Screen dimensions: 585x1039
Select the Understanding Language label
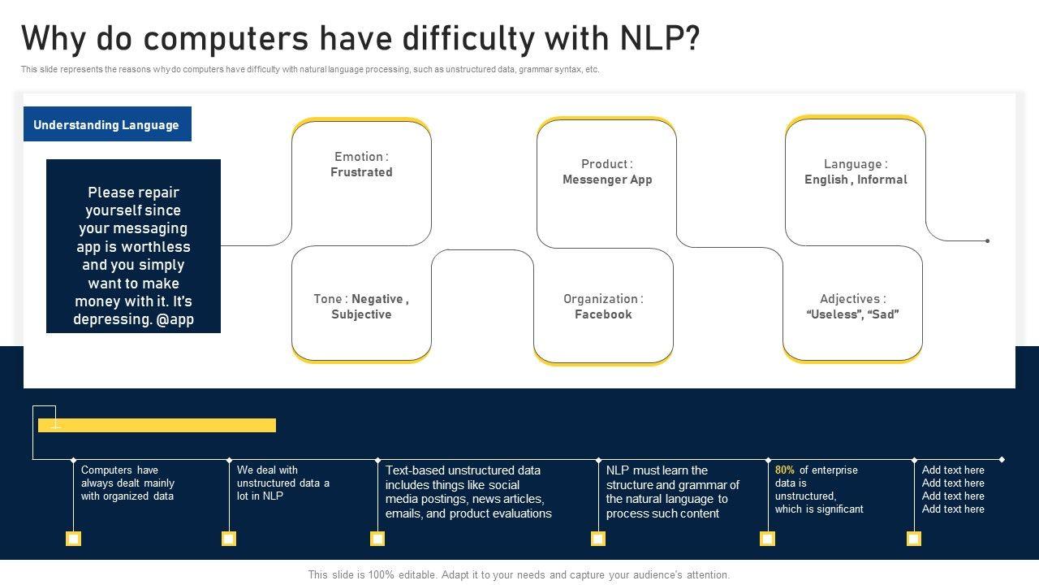[106, 124]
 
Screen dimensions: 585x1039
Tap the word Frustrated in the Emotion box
[361, 172]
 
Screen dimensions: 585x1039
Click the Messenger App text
[607, 180]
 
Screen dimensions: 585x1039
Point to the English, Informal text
[856, 180]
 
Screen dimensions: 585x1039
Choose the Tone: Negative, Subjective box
[361, 306]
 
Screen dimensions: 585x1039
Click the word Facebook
[603, 314]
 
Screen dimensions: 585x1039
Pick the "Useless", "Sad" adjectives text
[852, 314]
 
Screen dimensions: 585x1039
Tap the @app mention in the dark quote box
[175, 319]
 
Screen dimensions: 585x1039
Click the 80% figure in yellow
[785, 470]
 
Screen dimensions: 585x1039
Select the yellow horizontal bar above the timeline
[157, 425]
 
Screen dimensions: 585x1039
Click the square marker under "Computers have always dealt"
[73, 539]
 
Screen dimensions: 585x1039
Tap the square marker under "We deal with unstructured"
[229, 539]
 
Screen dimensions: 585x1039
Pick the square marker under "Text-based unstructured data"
[377, 539]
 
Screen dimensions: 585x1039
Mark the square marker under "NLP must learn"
[598, 539]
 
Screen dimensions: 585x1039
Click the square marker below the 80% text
[767, 539]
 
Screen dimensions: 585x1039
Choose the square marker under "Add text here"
[914, 539]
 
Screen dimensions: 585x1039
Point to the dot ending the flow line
[987, 240]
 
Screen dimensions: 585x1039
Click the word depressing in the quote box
[111, 319]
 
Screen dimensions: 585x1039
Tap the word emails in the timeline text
[403, 513]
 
